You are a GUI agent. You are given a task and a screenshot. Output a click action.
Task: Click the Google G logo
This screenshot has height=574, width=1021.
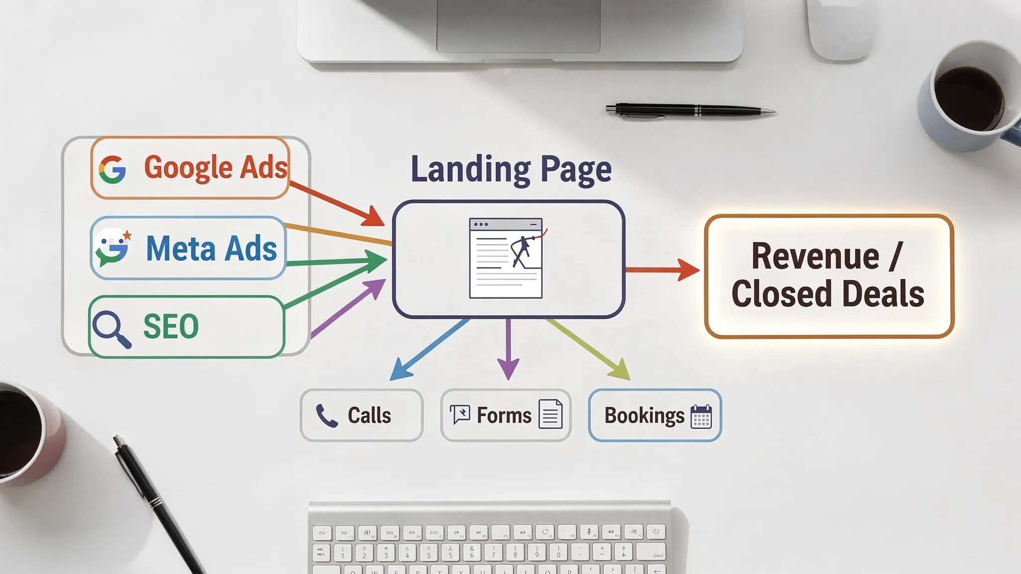tap(112, 169)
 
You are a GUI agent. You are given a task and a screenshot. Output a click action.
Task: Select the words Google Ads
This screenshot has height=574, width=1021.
tap(215, 167)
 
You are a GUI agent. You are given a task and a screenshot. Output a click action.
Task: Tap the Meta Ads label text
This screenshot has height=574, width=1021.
tap(211, 249)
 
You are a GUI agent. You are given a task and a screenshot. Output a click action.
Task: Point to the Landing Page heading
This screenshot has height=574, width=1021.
tap(510, 169)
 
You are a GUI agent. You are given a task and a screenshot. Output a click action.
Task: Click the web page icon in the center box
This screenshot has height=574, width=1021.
tap(506, 258)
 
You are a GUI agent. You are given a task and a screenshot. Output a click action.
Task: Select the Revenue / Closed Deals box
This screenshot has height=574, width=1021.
tap(829, 276)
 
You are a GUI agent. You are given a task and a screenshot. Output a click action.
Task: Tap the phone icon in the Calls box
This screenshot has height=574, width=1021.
tap(327, 416)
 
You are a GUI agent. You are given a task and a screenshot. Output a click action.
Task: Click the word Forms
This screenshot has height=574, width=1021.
tap(504, 416)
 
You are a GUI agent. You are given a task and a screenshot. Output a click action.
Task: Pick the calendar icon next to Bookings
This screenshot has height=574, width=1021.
tap(701, 416)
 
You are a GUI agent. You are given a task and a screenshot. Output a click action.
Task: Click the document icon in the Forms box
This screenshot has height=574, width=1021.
tap(550, 415)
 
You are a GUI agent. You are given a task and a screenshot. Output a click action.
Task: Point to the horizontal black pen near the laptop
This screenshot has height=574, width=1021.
tap(690, 110)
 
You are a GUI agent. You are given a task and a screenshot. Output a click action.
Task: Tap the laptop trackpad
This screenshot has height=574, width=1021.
tap(518, 25)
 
